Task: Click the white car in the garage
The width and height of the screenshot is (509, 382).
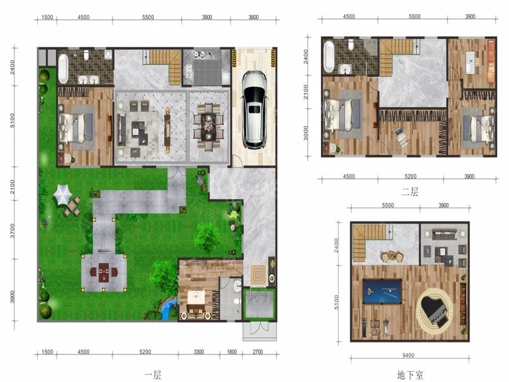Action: point(255,110)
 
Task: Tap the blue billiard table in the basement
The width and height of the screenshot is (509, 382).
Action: point(383,292)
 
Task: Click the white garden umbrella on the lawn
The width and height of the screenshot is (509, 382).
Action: point(63,194)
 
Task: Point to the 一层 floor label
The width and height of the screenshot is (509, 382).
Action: point(153,375)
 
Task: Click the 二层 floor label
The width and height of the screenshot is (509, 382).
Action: point(410,192)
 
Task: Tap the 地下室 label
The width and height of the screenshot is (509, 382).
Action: point(410,375)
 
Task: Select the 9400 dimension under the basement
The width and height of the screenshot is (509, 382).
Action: point(408,356)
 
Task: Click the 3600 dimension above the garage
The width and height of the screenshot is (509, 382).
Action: point(253,17)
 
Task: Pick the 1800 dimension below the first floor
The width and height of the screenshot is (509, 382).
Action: point(232,352)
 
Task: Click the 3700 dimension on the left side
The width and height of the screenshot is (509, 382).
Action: point(13,230)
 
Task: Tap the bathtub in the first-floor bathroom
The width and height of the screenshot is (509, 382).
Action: point(63,68)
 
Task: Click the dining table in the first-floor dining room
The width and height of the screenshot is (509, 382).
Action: point(208,127)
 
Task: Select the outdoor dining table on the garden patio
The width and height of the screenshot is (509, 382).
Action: point(104,272)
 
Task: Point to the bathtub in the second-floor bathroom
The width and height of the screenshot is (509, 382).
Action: point(329,56)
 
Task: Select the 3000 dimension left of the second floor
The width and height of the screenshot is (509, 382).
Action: point(305,133)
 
